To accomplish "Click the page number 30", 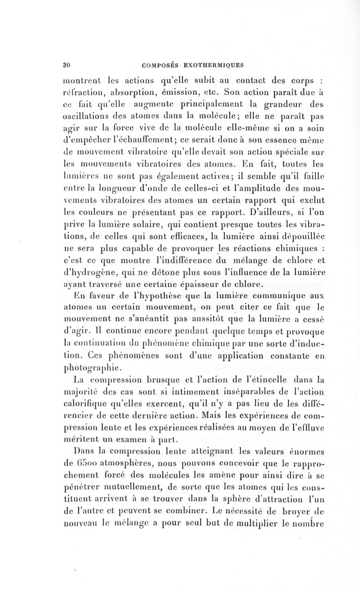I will tap(65, 63).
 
